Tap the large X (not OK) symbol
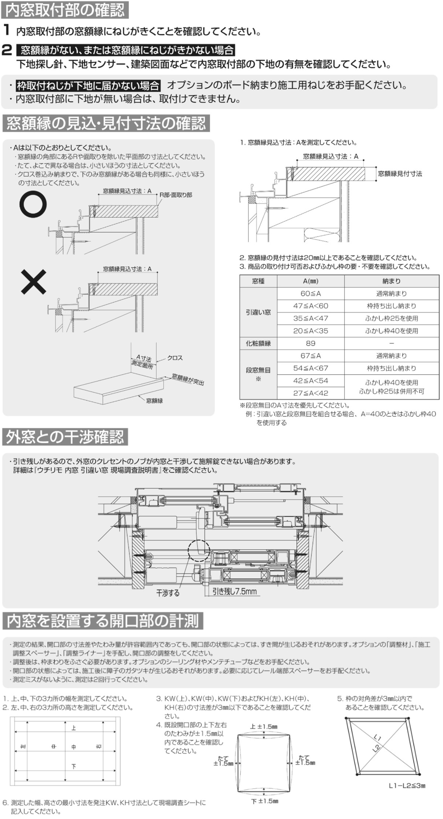(x=33, y=282)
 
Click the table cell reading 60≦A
(x=310, y=294)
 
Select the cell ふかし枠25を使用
(x=391, y=318)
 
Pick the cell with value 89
(x=310, y=343)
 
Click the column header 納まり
(x=391, y=281)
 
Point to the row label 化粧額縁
(x=258, y=343)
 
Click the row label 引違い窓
(x=258, y=312)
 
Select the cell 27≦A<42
(x=310, y=393)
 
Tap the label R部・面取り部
(x=176, y=195)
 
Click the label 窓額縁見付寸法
(x=400, y=174)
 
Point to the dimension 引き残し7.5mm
(x=234, y=591)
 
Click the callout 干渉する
(x=168, y=593)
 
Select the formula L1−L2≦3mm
(x=407, y=786)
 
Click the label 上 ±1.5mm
(x=264, y=726)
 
